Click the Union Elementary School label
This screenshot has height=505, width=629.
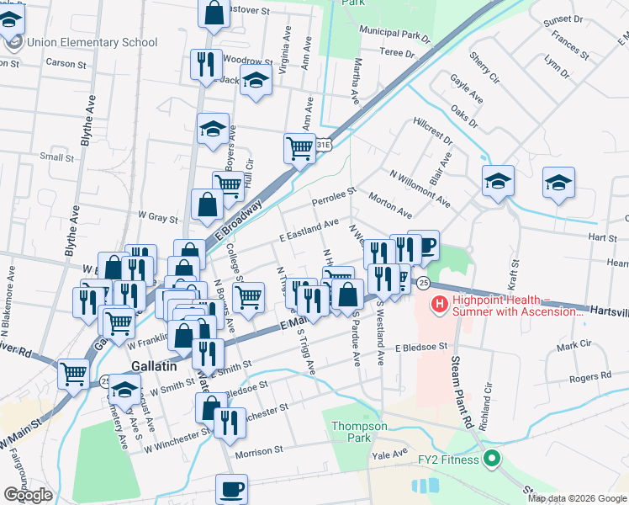[92, 42]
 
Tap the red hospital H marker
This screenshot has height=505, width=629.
[438, 304]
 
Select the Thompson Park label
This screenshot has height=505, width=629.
[359, 432]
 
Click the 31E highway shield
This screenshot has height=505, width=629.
[324, 146]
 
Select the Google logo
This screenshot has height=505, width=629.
[27, 495]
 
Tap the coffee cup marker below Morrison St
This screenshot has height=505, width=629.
[231, 488]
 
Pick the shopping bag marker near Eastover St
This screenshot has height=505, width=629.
[214, 12]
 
